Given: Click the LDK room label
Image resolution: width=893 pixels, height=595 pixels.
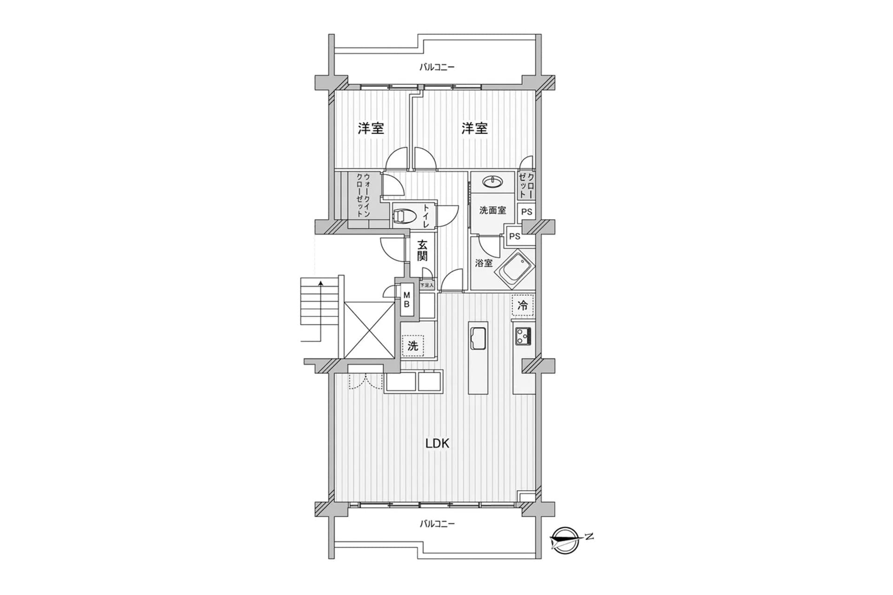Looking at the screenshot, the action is click(x=437, y=443).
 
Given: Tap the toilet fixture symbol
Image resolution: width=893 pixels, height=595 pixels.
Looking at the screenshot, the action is click(x=402, y=216).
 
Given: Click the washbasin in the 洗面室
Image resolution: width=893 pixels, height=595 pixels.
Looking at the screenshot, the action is click(x=492, y=181).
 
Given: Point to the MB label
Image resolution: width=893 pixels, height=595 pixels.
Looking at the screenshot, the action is click(x=407, y=300).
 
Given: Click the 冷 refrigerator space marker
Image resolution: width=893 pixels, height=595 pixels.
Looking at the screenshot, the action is click(x=523, y=305).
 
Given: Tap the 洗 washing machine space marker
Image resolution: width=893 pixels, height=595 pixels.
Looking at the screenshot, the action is click(x=413, y=346).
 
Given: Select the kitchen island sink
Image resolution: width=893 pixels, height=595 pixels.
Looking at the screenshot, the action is click(x=478, y=337).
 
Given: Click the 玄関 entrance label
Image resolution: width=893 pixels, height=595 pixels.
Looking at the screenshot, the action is click(x=422, y=250).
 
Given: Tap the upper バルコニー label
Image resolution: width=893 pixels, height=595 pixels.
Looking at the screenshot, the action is click(x=437, y=67).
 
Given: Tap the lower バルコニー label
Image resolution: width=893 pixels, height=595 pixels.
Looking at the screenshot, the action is click(x=437, y=524).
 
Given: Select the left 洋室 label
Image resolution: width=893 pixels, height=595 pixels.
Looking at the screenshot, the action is click(x=371, y=128).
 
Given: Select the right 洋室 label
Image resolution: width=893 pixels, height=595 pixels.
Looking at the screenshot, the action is click(x=474, y=128).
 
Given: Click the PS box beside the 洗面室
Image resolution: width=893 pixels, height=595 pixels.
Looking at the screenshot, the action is click(x=526, y=212).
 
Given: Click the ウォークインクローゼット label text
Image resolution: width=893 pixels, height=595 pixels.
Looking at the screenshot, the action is click(x=363, y=195).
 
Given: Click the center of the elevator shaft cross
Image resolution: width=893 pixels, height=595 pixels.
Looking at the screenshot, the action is click(x=369, y=330).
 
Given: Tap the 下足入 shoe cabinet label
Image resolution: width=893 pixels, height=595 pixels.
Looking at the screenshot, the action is click(x=427, y=285).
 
